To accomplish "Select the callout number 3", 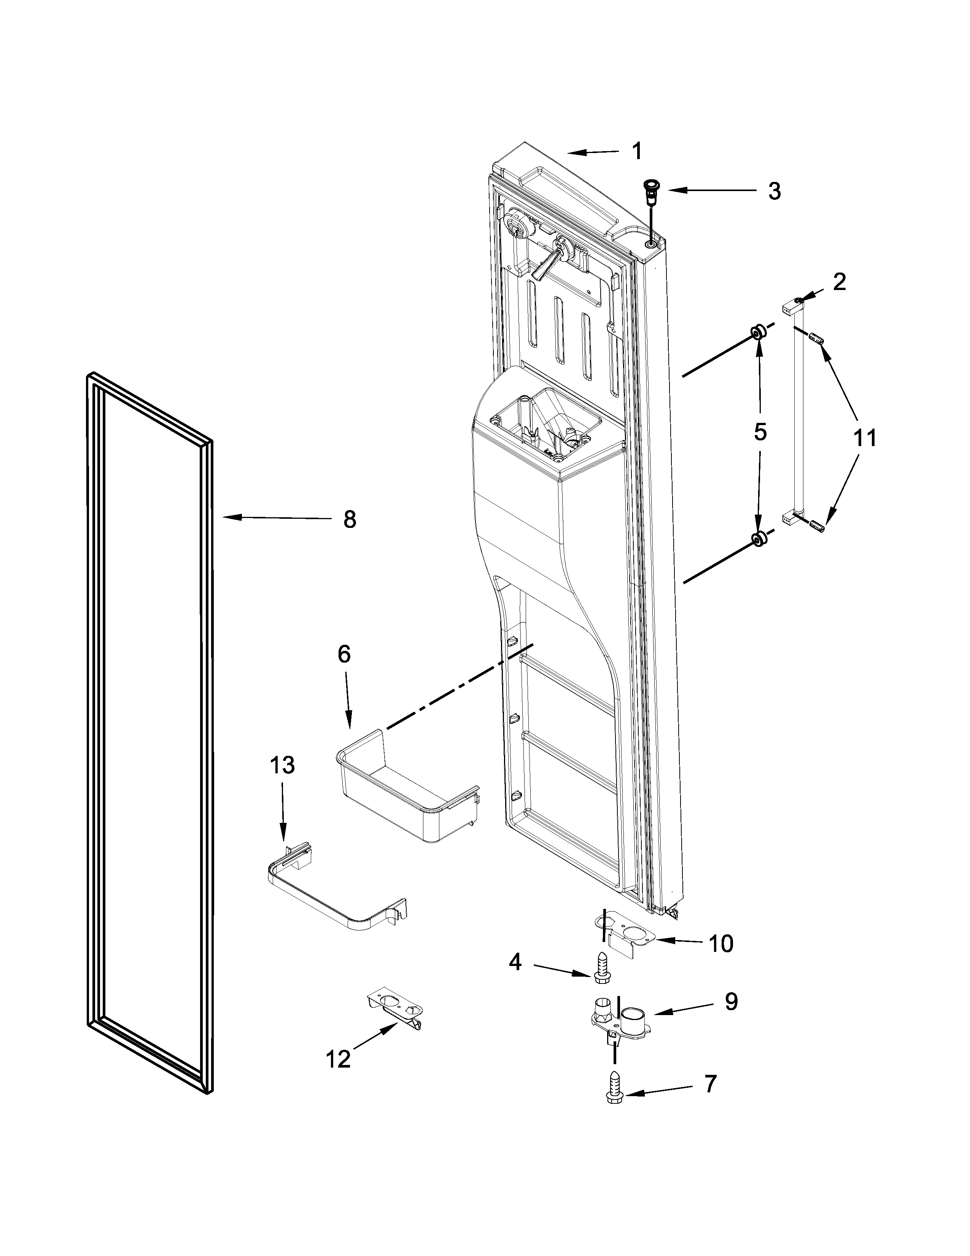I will coord(774,191).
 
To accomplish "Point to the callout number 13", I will coord(282,765).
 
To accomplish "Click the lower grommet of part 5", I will coord(759,539).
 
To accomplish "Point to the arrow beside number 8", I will coord(276,518).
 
